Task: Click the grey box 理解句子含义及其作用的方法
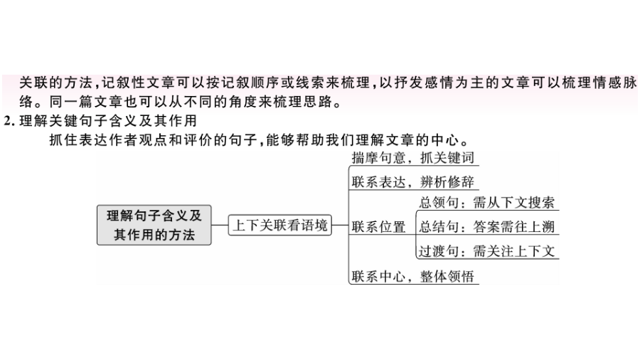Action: pyautogui.click(x=154, y=225)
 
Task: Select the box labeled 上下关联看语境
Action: pyautogui.click(x=279, y=225)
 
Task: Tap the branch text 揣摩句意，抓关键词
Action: pyautogui.click(x=412, y=157)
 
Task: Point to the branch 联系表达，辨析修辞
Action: pyautogui.click(x=412, y=181)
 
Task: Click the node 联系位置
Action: pyautogui.click(x=378, y=227)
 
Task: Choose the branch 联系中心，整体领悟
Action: pyautogui.click(x=412, y=276)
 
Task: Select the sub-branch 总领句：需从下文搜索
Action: pyautogui.click(x=487, y=203)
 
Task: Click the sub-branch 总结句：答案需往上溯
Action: pyautogui.click(x=487, y=226)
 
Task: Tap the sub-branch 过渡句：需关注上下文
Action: pyautogui.click(x=487, y=251)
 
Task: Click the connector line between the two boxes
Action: pyautogui.click(x=220, y=225)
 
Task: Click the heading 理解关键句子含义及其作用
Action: pyautogui.click(x=108, y=121)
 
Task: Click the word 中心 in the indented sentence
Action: pyautogui.click(x=445, y=140)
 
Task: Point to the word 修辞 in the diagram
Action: pyautogui.click(x=461, y=181)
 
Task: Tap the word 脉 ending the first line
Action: pyautogui.click(x=630, y=83)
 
